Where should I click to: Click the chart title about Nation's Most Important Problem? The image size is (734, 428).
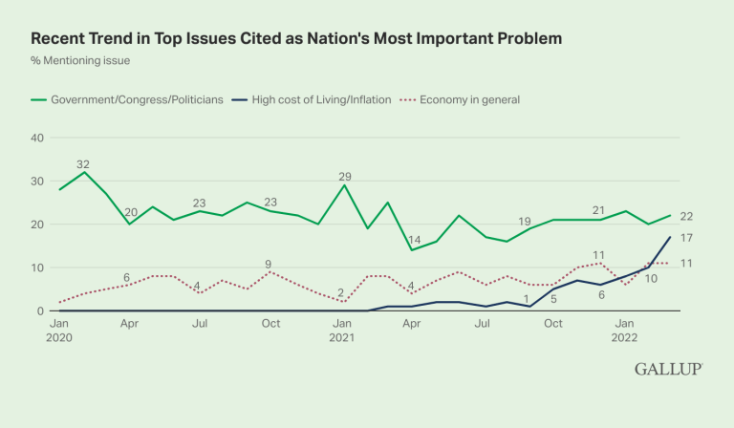(x=296, y=38)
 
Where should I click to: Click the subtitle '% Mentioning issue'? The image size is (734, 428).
(x=80, y=61)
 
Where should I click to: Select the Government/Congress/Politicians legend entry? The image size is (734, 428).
(x=132, y=99)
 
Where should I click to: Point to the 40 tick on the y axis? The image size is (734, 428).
(x=38, y=138)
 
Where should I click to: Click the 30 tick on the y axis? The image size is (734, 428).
(x=38, y=182)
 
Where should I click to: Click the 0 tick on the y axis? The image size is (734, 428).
(x=41, y=311)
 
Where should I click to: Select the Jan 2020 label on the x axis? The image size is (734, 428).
(x=59, y=332)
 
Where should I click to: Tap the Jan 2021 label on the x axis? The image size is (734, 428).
(x=343, y=332)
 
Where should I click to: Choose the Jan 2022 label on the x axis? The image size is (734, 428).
(x=627, y=332)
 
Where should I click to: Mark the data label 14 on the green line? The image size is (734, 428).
(x=413, y=240)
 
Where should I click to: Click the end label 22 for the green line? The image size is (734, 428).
(x=685, y=217)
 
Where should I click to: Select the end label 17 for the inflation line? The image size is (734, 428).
(x=685, y=238)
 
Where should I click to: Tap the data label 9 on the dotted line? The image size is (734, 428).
(x=270, y=264)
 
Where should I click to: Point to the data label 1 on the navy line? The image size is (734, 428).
(x=527, y=298)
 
